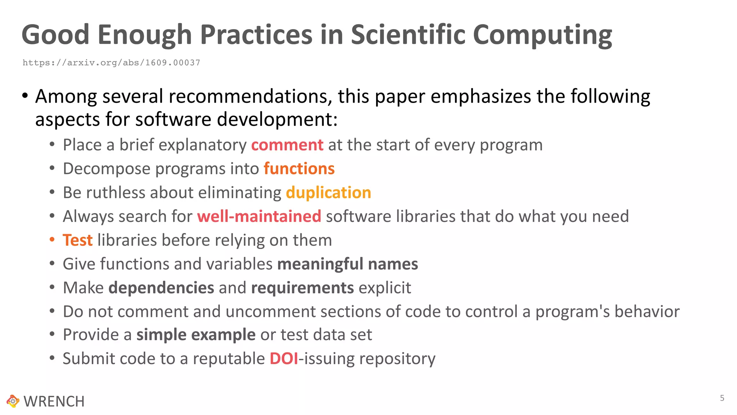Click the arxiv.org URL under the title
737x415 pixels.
pos(111,63)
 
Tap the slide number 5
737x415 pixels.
pos(722,398)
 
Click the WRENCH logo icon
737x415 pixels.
pos(13,401)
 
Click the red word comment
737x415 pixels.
pos(287,145)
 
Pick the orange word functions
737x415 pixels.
pos(299,169)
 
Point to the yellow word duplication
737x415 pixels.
pos(328,192)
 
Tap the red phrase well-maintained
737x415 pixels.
pos(259,216)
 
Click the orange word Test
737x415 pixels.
pos(77,240)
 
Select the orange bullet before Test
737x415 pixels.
pos(52,240)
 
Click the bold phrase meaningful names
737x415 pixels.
pos(347,264)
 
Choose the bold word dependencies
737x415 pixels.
pos(161,288)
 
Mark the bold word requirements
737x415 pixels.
pos(302,288)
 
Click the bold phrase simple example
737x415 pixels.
pos(196,335)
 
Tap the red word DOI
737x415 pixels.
pos(284,358)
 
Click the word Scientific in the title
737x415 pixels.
pos(408,35)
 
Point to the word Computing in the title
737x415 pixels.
pos(542,35)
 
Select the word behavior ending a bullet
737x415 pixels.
pos(647,312)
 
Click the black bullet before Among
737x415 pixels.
pos(25,96)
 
